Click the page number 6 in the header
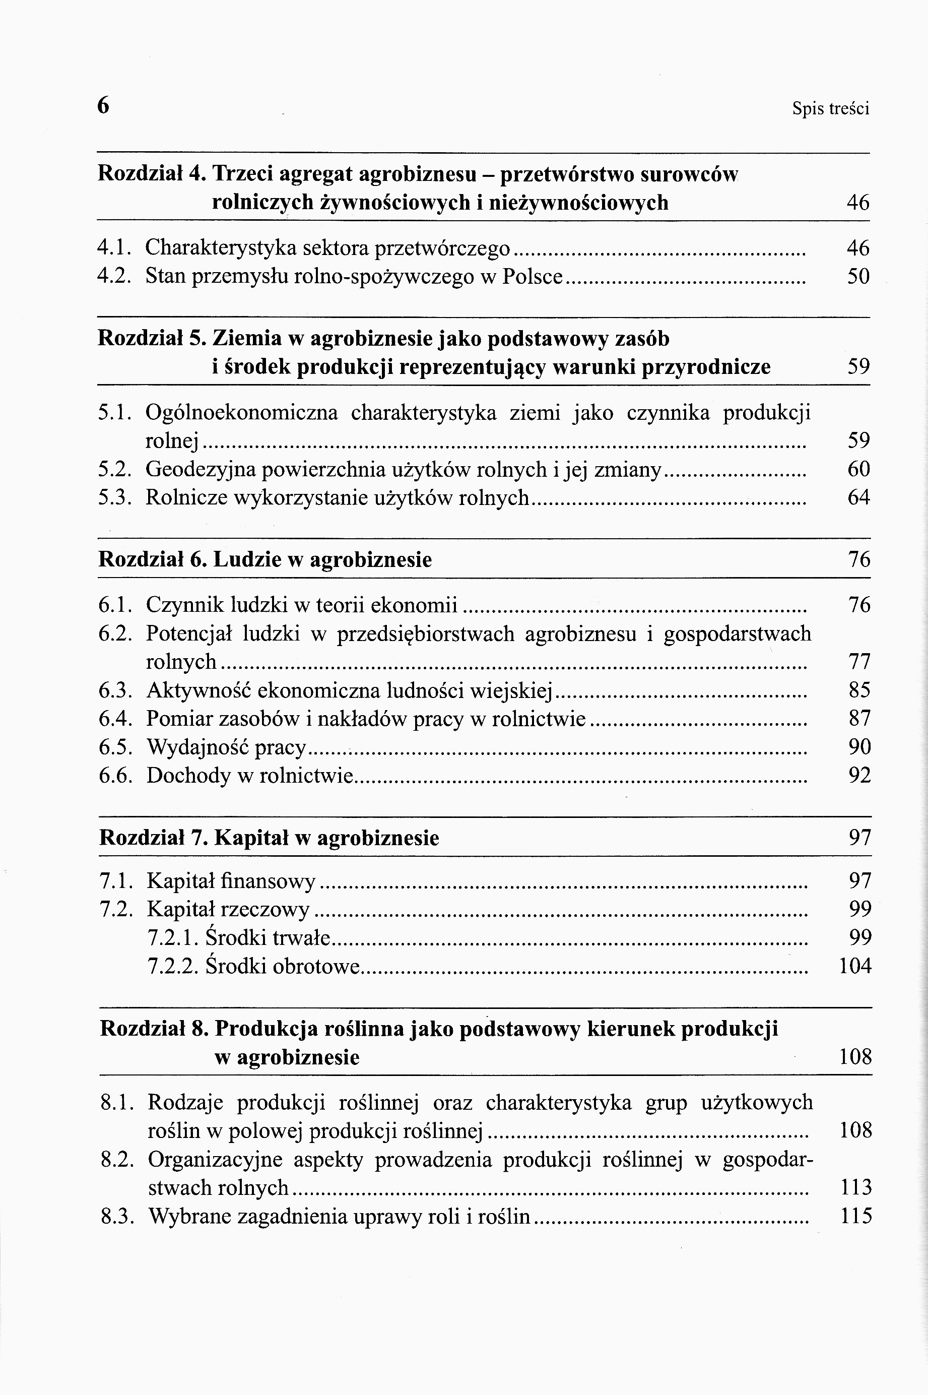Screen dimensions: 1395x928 coord(103,106)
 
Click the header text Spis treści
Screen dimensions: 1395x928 coord(830,109)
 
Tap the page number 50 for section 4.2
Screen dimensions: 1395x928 coord(858,276)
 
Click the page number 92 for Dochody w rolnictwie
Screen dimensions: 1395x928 coord(860,775)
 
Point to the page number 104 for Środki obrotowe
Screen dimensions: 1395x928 coord(855,966)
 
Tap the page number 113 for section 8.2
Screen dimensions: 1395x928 coord(856,1187)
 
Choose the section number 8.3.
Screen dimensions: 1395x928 coord(116,1216)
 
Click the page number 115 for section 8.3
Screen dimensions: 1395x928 coord(856,1216)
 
